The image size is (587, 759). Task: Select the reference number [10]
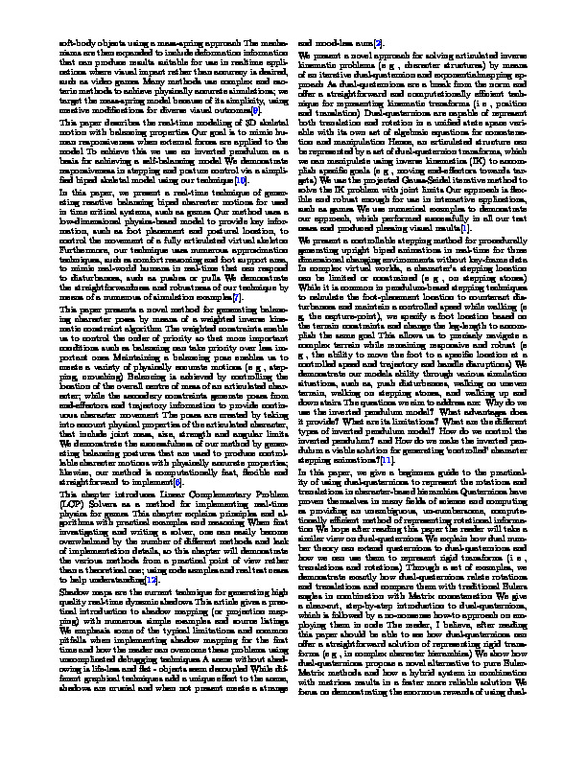coord(244,179)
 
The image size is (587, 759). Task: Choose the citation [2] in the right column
coord(379,44)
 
